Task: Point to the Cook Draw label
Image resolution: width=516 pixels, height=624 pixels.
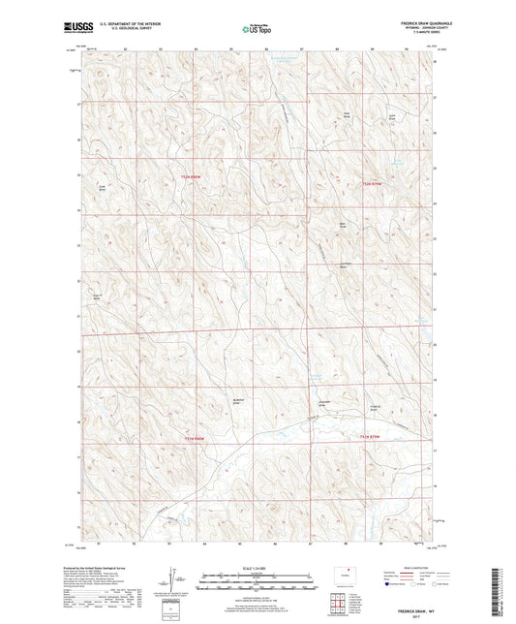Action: pos(101,188)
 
